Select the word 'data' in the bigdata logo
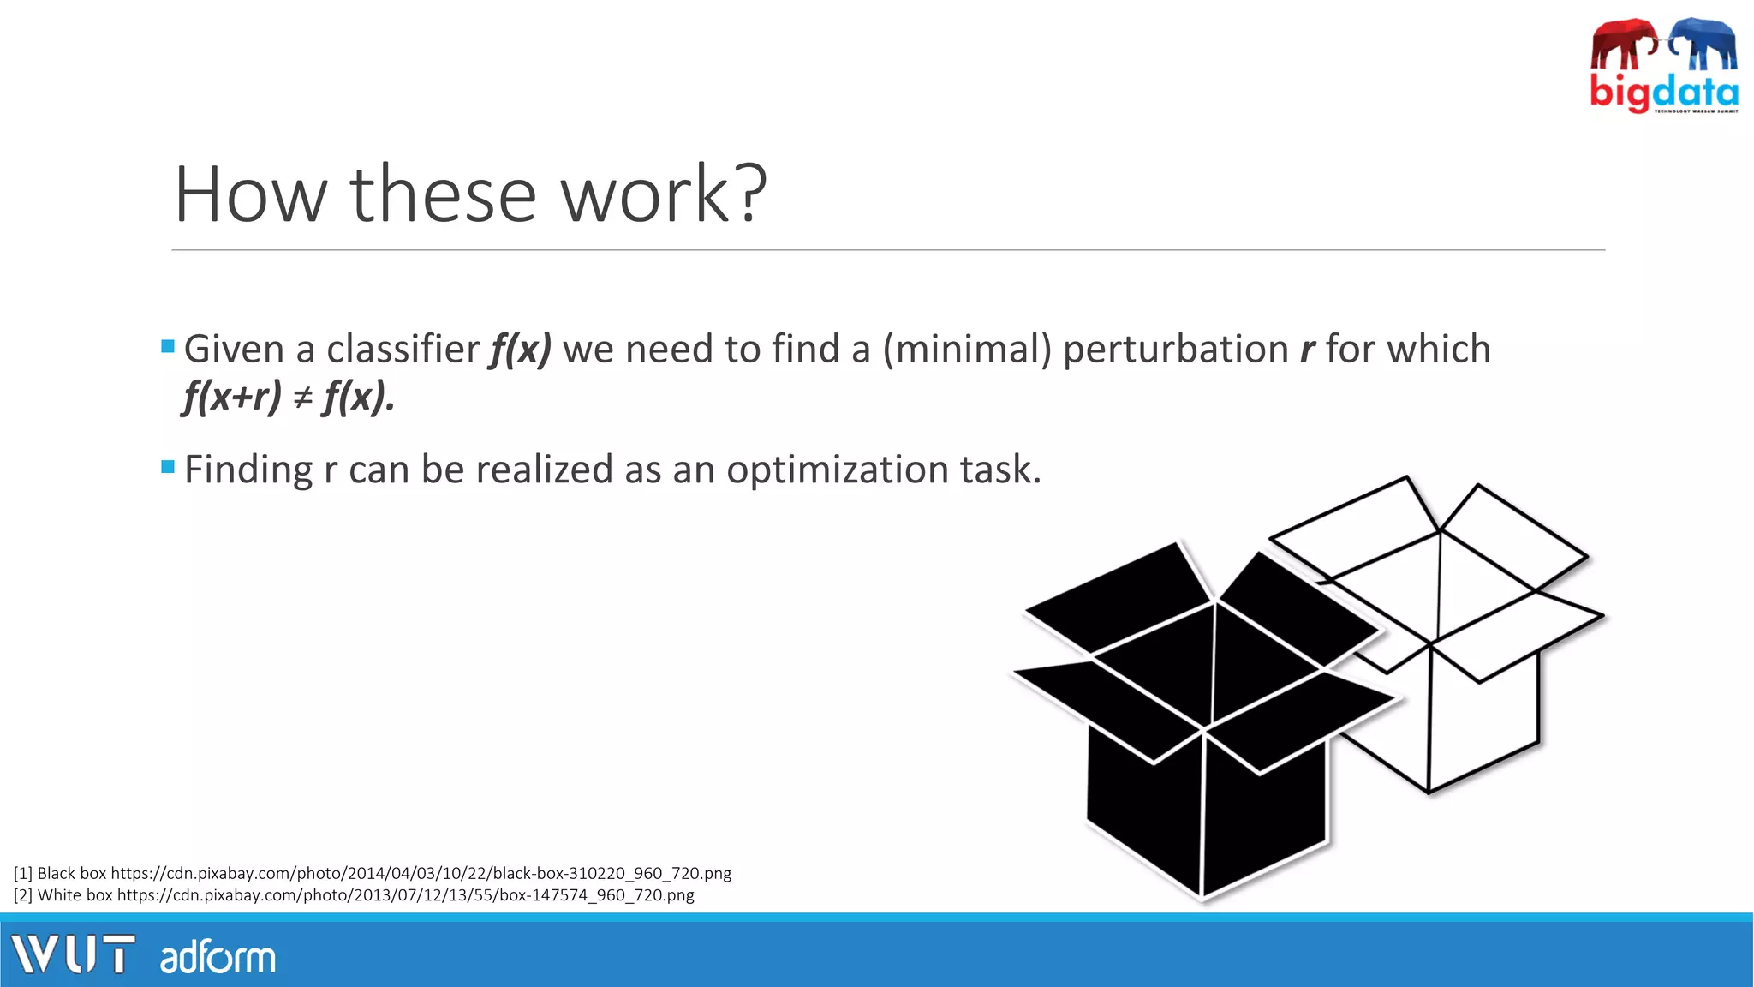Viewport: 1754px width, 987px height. pos(1696,91)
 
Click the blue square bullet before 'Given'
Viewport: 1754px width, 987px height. pos(168,347)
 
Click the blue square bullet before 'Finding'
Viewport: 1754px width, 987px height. pos(168,467)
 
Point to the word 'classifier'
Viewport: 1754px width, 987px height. pos(403,350)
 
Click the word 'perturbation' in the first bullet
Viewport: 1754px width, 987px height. pos(1175,350)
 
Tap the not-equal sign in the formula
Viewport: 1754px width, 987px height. pos(302,398)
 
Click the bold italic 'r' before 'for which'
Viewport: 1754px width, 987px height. pos(1307,350)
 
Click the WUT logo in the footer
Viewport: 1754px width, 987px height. pos(73,954)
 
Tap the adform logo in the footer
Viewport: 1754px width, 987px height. pos(218,957)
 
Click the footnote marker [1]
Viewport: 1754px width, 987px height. pos(23,873)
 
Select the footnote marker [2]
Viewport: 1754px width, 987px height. pos(23,895)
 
